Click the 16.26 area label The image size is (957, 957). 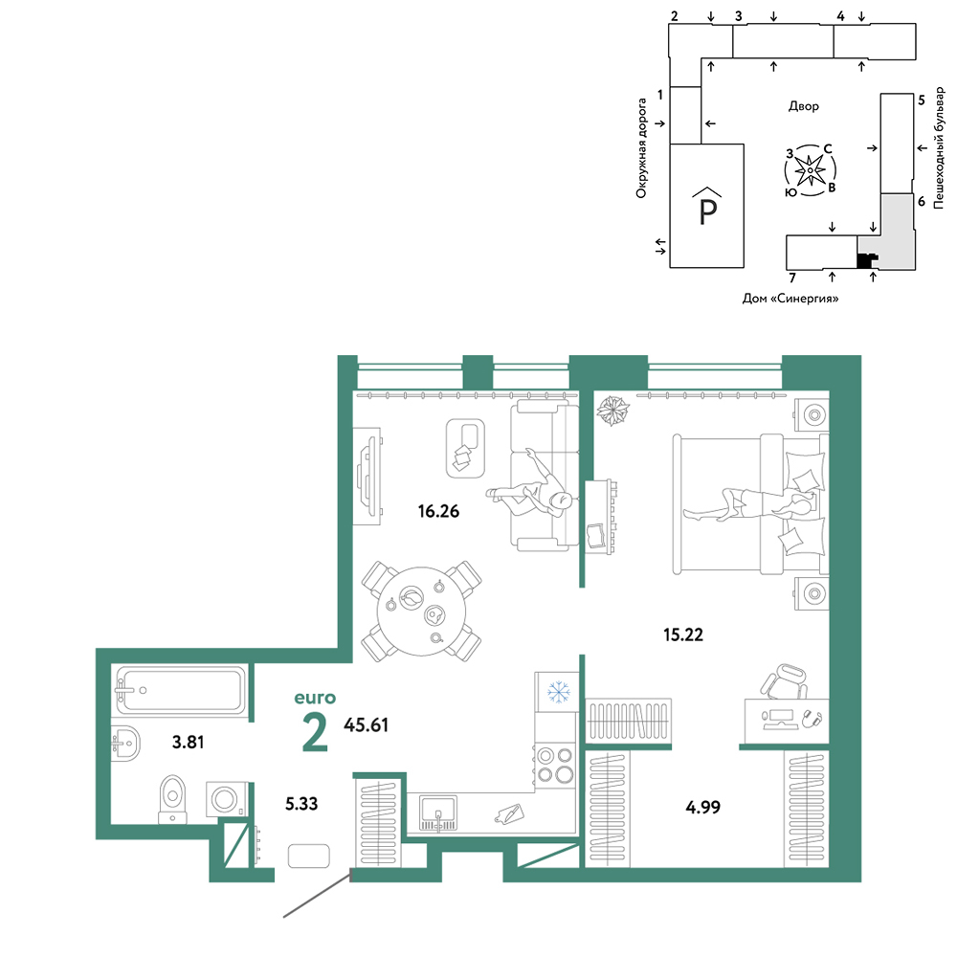point(438,511)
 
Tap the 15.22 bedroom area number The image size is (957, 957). point(683,634)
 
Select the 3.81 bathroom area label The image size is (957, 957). point(188,743)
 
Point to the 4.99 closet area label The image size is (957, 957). point(703,808)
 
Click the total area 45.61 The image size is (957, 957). point(366,725)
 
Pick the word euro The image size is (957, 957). point(315,698)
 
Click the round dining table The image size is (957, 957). point(421,612)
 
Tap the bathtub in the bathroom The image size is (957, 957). point(181,690)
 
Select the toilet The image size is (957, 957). point(172,799)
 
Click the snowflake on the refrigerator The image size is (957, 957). point(558,692)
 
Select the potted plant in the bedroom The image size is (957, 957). point(612,411)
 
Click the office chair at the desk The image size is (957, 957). point(785,680)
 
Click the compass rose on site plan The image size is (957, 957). point(810,170)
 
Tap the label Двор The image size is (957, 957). point(804,106)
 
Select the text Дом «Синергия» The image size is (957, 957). point(790,299)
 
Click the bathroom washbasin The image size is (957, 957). point(125,744)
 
